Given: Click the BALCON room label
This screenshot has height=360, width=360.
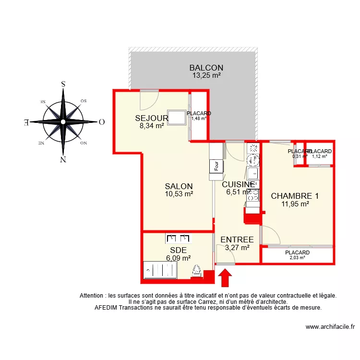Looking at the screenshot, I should click(x=206, y=68).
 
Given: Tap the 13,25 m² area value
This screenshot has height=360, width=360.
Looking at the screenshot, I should click(x=206, y=75).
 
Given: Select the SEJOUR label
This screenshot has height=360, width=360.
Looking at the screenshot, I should click(x=151, y=118).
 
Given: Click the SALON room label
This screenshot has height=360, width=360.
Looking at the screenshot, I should click(x=179, y=186).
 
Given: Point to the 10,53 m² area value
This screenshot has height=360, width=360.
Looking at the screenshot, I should click(x=179, y=194).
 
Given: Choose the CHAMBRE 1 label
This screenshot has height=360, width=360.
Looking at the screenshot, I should click(x=295, y=196).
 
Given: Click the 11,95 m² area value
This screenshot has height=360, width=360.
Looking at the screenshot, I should click(x=295, y=204).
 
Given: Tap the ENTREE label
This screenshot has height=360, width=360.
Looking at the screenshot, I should click(x=237, y=240).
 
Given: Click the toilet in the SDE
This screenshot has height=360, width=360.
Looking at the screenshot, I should click(x=196, y=272).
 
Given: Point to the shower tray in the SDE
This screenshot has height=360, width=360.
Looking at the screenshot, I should click(x=160, y=271).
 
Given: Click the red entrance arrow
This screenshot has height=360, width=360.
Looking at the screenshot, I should click(x=226, y=277).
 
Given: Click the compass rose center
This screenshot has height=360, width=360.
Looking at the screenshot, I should click(x=63, y=121).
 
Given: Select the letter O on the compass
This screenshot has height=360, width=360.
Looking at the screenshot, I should click(x=101, y=121).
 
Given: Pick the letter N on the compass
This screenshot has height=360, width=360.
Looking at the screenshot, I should click(x=63, y=159).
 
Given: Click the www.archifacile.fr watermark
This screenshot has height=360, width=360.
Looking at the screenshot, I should click(x=331, y=327).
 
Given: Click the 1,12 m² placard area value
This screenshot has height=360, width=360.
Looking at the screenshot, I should click(x=319, y=156).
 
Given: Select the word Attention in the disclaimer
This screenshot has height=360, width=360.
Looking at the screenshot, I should click(x=92, y=296).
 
